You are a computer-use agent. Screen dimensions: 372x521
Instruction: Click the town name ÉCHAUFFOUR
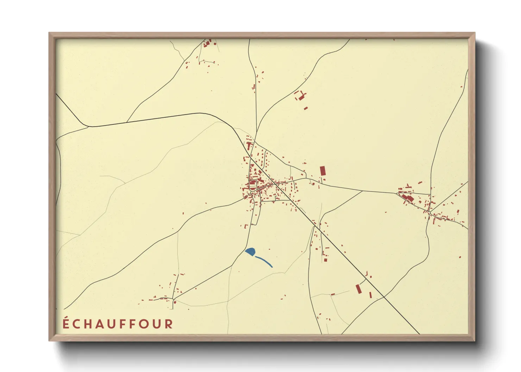tap(118, 324)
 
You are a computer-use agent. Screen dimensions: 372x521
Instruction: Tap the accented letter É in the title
tap(66, 323)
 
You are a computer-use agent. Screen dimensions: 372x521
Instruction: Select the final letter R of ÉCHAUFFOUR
tap(169, 324)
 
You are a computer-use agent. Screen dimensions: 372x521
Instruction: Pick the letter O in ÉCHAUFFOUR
tap(144, 324)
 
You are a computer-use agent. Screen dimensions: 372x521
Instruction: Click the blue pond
tap(250, 251)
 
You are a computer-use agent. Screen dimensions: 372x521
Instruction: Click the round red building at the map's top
tap(214, 44)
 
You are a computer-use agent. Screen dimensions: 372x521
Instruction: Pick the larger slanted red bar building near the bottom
tap(358, 289)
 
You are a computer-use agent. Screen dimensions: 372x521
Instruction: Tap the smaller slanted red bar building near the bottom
tap(370, 295)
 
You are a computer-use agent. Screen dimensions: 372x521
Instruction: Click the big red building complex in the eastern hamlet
tap(408, 198)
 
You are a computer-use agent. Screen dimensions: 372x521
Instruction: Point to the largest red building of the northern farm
tap(301, 97)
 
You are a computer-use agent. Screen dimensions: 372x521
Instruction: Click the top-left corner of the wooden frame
tap(50, 33)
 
